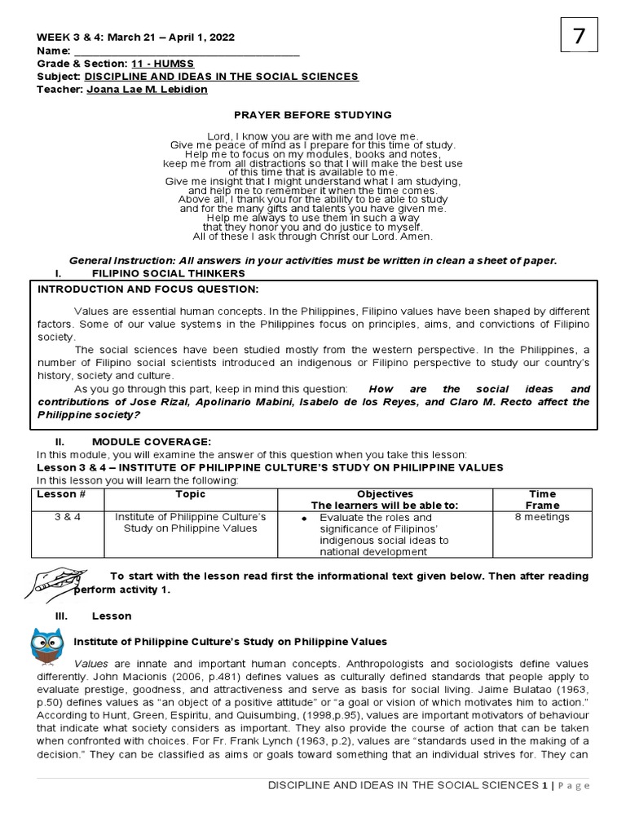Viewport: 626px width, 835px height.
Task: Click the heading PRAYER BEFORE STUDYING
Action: point(313,115)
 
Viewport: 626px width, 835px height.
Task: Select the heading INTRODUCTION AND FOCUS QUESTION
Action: point(148,289)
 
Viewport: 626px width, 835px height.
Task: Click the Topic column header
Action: point(190,494)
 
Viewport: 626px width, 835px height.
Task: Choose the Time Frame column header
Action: point(542,500)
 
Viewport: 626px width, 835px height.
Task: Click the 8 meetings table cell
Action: point(542,518)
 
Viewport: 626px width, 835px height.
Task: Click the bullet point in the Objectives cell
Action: point(303,519)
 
